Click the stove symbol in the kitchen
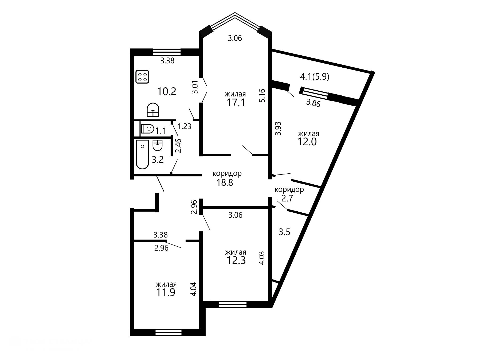(x=142, y=76)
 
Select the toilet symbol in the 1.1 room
(x=147, y=129)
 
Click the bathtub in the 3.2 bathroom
(x=142, y=154)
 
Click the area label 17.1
(x=236, y=103)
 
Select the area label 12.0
(x=307, y=142)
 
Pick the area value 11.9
(x=166, y=293)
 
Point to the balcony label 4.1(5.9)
(x=315, y=77)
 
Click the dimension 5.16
(x=262, y=95)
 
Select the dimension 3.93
(x=279, y=129)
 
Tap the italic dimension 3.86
(x=313, y=103)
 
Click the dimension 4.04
(x=194, y=289)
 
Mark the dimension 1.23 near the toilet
(x=185, y=126)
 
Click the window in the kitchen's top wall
(x=167, y=52)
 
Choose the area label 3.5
(x=284, y=232)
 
